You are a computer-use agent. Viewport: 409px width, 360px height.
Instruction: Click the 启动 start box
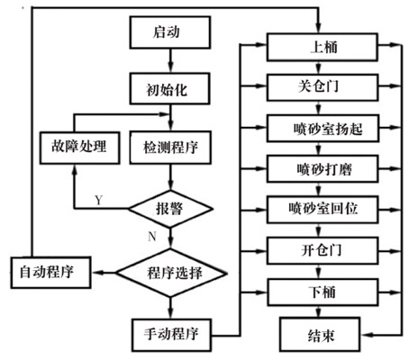170,32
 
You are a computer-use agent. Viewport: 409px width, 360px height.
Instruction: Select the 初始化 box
169,89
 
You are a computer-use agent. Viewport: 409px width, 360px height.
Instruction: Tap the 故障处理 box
80,148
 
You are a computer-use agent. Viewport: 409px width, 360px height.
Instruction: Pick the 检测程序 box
170,148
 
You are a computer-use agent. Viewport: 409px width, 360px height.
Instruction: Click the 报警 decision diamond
170,209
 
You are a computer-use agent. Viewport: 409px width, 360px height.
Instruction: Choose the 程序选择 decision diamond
171,273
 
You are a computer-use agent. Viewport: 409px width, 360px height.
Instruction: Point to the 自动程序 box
50,273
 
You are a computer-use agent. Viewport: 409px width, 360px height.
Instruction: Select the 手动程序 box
171,335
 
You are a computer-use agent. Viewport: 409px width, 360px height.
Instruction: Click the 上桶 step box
323,48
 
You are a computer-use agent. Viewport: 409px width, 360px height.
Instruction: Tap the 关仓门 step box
323,87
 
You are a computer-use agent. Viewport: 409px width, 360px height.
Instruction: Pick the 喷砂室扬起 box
323,129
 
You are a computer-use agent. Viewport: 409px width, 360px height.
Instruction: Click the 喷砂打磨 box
323,169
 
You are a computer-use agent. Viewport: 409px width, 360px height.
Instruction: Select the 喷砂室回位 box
323,210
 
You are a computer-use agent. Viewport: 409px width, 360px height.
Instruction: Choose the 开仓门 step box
323,250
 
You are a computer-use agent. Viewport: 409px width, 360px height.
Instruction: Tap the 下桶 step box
323,292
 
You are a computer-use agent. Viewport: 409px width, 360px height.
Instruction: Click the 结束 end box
320,334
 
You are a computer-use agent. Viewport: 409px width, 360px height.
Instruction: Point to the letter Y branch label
98,200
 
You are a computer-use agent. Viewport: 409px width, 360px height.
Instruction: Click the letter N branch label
152,237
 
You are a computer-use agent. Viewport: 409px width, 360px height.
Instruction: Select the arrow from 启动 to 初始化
170,60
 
